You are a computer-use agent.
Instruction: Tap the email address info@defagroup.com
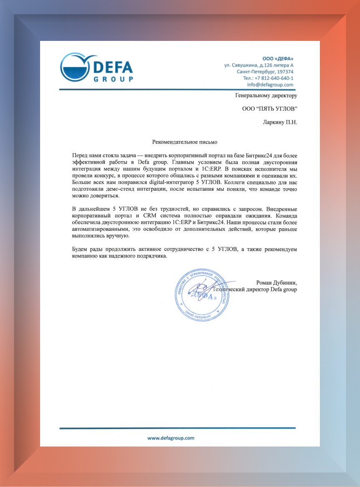tap(270, 84)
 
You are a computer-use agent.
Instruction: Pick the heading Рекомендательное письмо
tap(184, 142)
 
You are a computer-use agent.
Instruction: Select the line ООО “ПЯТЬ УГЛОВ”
tap(270, 109)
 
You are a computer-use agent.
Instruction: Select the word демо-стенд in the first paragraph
tap(124, 189)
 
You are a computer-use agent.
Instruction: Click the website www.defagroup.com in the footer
tap(171, 438)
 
